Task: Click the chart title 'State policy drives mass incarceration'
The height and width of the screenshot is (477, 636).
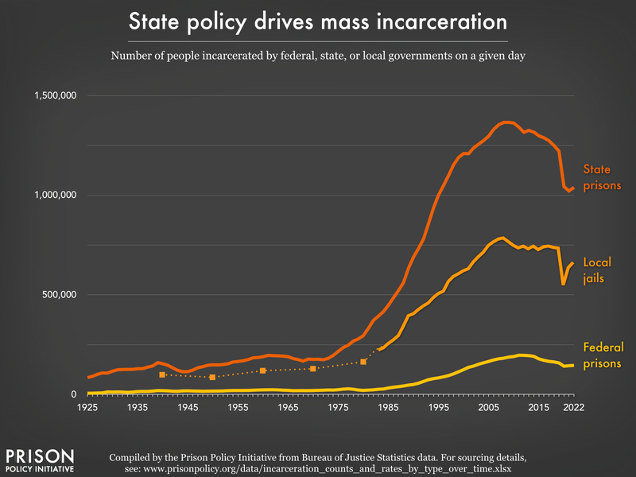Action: [x=318, y=21]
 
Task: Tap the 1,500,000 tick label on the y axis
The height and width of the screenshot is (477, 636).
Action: [x=55, y=95]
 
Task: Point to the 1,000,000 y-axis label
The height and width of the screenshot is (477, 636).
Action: [x=55, y=195]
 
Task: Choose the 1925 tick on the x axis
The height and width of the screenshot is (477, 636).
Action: [x=87, y=407]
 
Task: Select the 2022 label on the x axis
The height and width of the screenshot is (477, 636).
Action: [x=573, y=407]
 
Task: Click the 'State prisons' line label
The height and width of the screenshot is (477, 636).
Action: [x=602, y=177]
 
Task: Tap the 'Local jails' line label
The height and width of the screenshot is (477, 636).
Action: [x=597, y=270]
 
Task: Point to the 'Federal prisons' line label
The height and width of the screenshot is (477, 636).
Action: [x=603, y=355]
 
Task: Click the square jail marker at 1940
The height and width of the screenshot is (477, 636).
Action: [x=162, y=374]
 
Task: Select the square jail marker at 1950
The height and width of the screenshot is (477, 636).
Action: [x=212, y=377]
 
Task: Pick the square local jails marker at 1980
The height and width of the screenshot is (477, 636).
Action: [x=363, y=362]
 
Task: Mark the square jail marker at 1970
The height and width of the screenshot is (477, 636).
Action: [x=313, y=369]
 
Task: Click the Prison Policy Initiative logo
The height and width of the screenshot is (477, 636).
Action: [x=40, y=460]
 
